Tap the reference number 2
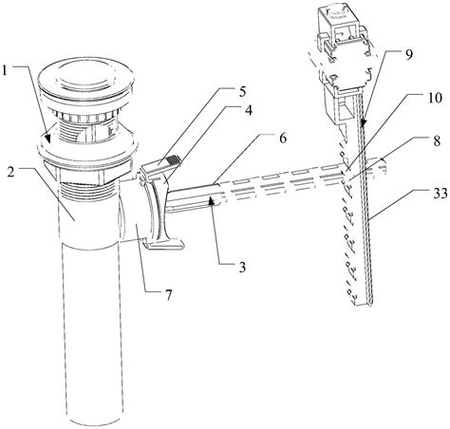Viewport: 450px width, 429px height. coord(10,173)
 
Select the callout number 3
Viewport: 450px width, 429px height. coord(242,268)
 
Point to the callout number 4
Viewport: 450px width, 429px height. coord(249,110)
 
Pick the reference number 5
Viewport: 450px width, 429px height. coord(242,92)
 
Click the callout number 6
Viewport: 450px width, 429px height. coord(283,139)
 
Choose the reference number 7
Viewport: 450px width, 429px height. coord(168,295)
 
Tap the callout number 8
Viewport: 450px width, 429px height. coord(437,140)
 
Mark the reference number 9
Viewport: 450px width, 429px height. coord(409,54)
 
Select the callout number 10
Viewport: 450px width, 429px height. coord(435,98)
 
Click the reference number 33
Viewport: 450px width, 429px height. coord(440,193)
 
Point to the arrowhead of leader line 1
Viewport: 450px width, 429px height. coord(47,140)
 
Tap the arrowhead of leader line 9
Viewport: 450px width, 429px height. coord(364,122)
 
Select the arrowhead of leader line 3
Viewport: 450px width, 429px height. coord(212,200)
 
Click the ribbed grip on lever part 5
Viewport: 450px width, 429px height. coord(172,159)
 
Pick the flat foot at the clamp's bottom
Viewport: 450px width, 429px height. coord(164,244)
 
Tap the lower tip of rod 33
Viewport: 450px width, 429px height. coord(371,305)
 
